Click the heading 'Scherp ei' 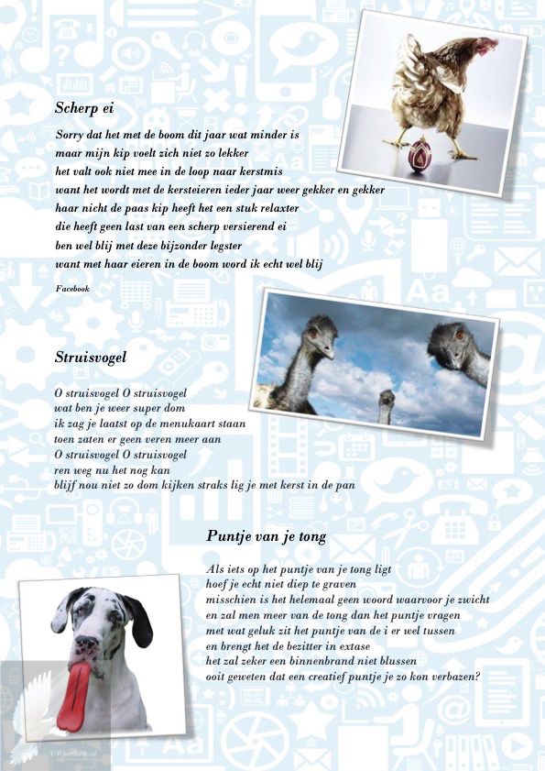click(85, 108)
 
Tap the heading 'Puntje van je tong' click(267, 536)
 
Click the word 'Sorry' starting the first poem click(70, 135)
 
